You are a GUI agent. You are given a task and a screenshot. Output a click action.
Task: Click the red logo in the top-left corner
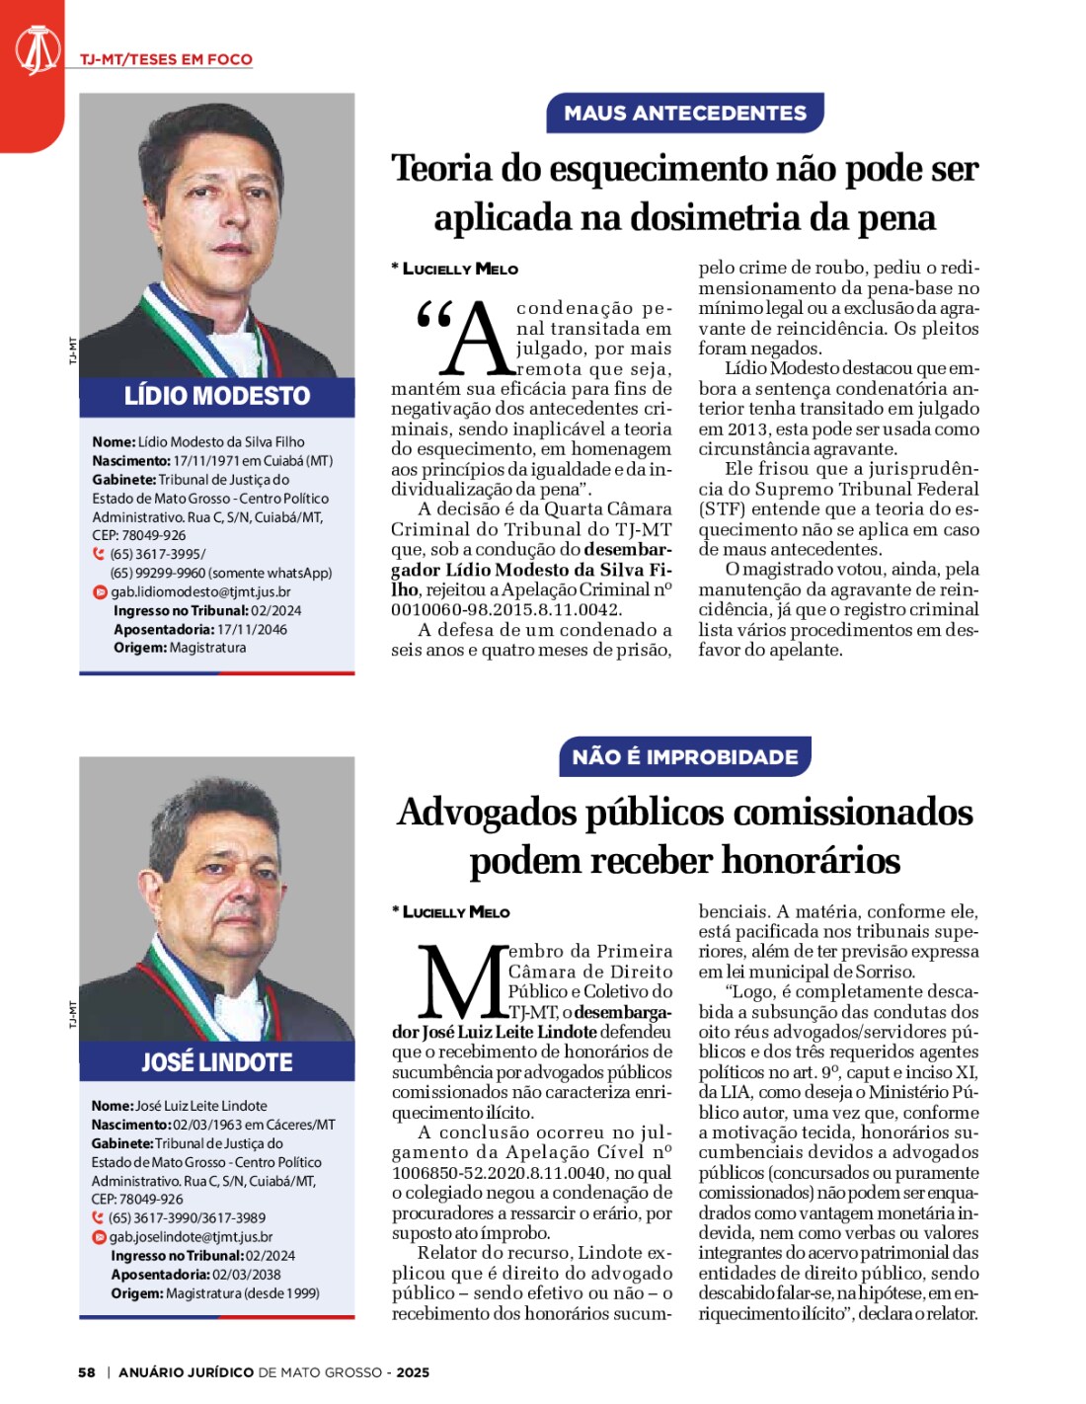click(36, 49)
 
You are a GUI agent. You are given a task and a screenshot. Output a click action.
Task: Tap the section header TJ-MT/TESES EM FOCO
click(166, 59)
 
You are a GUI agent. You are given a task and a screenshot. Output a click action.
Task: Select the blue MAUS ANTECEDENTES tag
click(685, 114)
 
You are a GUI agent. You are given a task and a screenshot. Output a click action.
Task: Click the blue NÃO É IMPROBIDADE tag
click(685, 757)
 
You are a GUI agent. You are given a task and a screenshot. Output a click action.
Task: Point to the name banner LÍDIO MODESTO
click(217, 396)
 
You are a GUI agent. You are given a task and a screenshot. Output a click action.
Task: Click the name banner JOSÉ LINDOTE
click(217, 1062)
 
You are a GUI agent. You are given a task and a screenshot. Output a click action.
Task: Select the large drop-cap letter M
click(461, 982)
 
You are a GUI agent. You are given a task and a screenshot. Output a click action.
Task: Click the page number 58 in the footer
click(87, 1372)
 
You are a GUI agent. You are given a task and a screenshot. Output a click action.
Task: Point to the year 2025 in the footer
click(413, 1372)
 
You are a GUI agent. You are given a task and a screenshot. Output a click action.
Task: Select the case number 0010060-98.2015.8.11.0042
click(506, 610)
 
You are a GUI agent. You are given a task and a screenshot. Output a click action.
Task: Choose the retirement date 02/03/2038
click(247, 1275)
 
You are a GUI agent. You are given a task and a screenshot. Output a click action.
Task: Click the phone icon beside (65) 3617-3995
click(99, 554)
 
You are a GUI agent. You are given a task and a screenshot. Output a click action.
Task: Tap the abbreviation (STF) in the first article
click(723, 509)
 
